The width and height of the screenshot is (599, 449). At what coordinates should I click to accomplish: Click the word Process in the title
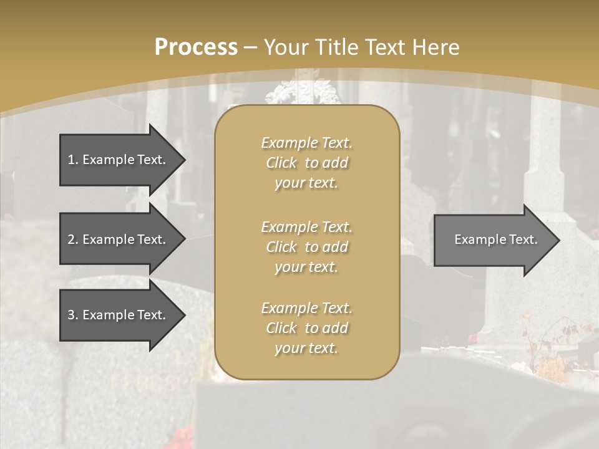click(196, 47)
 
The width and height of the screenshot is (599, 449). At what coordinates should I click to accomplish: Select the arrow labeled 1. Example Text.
click(119, 160)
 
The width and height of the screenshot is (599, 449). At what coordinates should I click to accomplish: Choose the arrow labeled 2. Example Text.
click(119, 239)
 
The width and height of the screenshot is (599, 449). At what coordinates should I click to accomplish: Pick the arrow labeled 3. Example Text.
click(119, 315)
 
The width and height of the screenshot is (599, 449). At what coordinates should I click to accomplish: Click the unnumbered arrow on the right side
click(493, 239)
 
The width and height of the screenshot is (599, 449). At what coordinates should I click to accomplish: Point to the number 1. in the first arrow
click(73, 160)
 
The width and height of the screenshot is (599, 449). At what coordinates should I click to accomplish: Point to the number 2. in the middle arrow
click(73, 239)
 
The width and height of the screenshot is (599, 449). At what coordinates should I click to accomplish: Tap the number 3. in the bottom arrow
click(73, 315)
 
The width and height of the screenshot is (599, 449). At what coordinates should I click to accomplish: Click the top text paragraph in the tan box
click(306, 163)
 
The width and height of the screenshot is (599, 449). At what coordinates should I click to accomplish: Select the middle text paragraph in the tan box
click(306, 247)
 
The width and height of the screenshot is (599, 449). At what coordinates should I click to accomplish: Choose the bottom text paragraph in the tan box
click(306, 328)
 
